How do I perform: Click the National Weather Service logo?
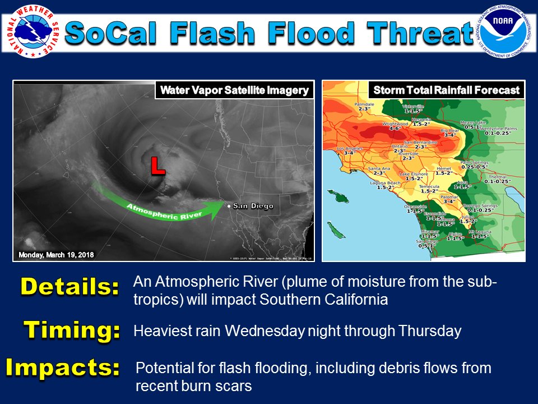pyautogui.click(x=31, y=30)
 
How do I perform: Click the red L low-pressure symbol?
pyautogui.click(x=158, y=166)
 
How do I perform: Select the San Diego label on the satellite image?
pyautogui.click(x=253, y=206)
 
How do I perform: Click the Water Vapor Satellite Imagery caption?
pyautogui.click(x=234, y=90)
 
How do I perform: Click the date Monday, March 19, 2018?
pyautogui.click(x=56, y=255)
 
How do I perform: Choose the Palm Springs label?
pyautogui.click(x=474, y=164)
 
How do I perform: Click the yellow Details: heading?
pyautogui.click(x=69, y=287)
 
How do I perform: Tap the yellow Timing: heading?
pyautogui.click(x=72, y=330)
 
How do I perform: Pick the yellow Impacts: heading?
pyautogui.click(x=63, y=368)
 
